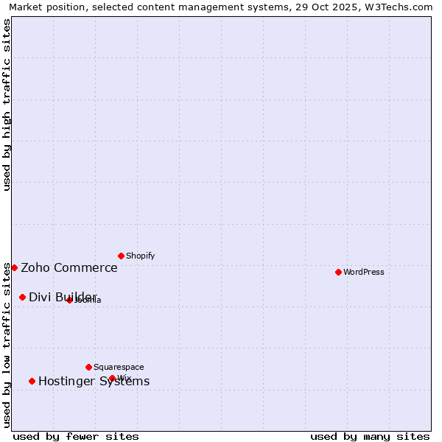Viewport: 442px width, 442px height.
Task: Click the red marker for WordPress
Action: click(x=338, y=272)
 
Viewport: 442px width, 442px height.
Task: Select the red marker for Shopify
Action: click(x=121, y=256)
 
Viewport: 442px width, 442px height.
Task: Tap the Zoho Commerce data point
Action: click(x=14, y=267)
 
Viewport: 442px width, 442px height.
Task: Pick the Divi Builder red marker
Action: click(x=22, y=297)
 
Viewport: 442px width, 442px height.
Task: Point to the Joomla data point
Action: click(x=69, y=300)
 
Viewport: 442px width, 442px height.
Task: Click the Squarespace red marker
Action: click(x=88, y=367)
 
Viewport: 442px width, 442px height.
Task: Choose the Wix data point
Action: click(x=112, y=378)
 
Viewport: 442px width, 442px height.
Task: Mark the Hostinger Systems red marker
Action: click(x=32, y=381)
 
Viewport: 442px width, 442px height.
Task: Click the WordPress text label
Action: click(x=364, y=272)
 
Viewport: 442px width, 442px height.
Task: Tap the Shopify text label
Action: click(x=140, y=256)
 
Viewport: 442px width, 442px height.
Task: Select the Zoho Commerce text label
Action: click(x=69, y=267)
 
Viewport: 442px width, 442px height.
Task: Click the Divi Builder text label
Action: click(x=63, y=297)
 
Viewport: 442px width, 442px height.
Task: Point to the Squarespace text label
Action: click(x=119, y=367)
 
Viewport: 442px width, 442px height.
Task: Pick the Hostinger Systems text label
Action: click(x=94, y=381)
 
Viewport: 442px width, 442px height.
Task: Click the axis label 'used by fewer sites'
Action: click(x=76, y=436)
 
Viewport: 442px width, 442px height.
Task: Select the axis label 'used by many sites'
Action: click(x=370, y=436)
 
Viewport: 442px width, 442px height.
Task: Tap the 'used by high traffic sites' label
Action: click(x=7, y=105)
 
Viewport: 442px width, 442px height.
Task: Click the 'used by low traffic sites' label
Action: click(x=7, y=344)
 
